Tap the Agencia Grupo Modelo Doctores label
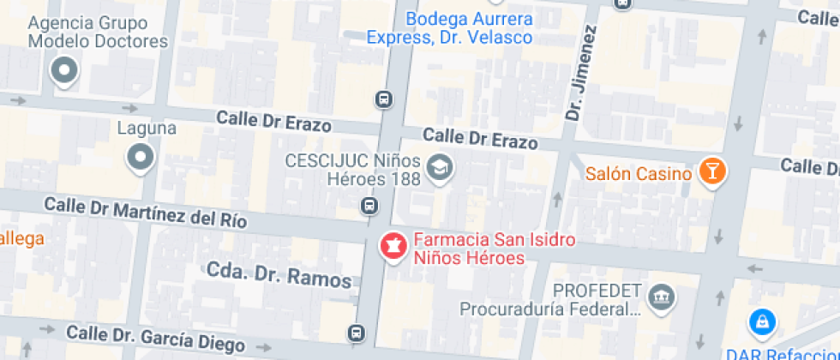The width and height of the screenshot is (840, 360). pyautogui.click(x=98, y=32)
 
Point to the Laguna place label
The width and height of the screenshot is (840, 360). pyautogui.click(x=147, y=129)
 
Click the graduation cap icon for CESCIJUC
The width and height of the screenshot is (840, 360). pyautogui.click(x=441, y=167)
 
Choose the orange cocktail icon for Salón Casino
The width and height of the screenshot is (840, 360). pyautogui.click(x=711, y=170)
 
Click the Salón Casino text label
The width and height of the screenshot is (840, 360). pyautogui.click(x=639, y=174)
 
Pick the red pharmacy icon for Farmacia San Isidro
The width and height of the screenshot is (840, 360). pyautogui.click(x=393, y=247)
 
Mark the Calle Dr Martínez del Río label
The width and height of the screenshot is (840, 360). pyautogui.click(x=146, y=212)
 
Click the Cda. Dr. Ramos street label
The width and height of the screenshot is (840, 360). pyautogui.click(x=279, y=275)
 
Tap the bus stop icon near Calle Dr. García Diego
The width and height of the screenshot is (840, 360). pyautogui.click(x=357, y=332)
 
